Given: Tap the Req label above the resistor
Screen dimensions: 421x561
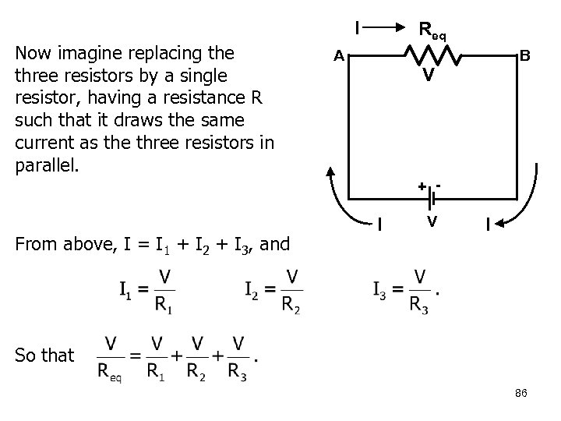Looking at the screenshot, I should [x=432, y=31].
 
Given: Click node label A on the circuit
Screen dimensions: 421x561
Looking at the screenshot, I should [x=338, y=55].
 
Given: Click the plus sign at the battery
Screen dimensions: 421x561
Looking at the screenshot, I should [x=421, y=186].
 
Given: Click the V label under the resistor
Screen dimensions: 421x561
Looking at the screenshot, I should [x=429, y=76].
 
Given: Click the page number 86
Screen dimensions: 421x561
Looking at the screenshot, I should [x=521, y=393].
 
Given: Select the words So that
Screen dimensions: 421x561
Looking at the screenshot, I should [x=44, y=356].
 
